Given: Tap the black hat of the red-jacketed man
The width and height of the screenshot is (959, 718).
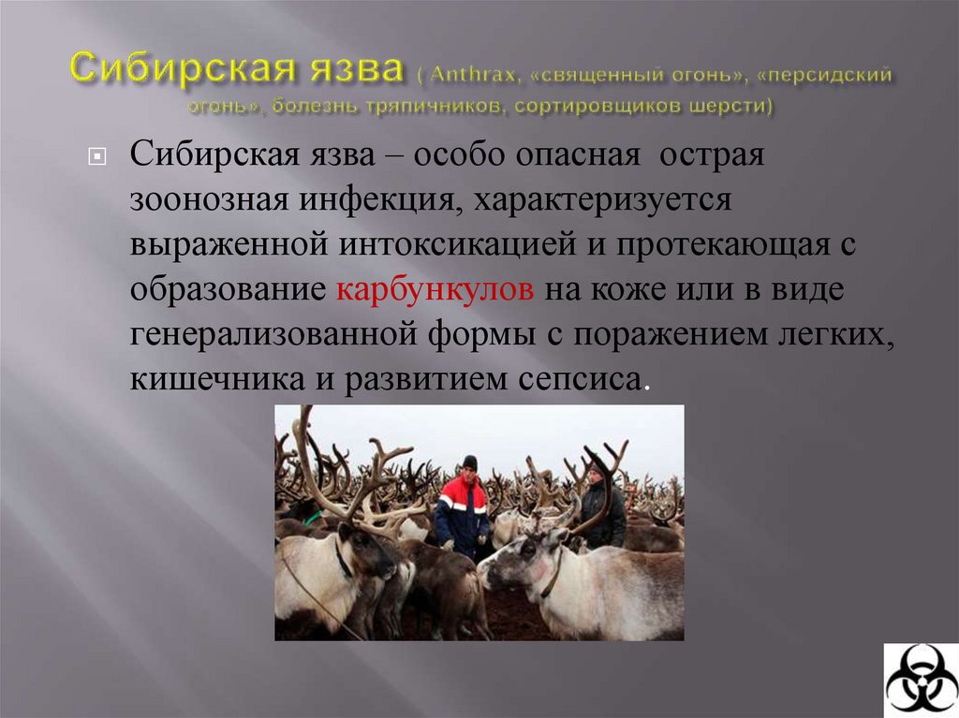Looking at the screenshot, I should point(469,462).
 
